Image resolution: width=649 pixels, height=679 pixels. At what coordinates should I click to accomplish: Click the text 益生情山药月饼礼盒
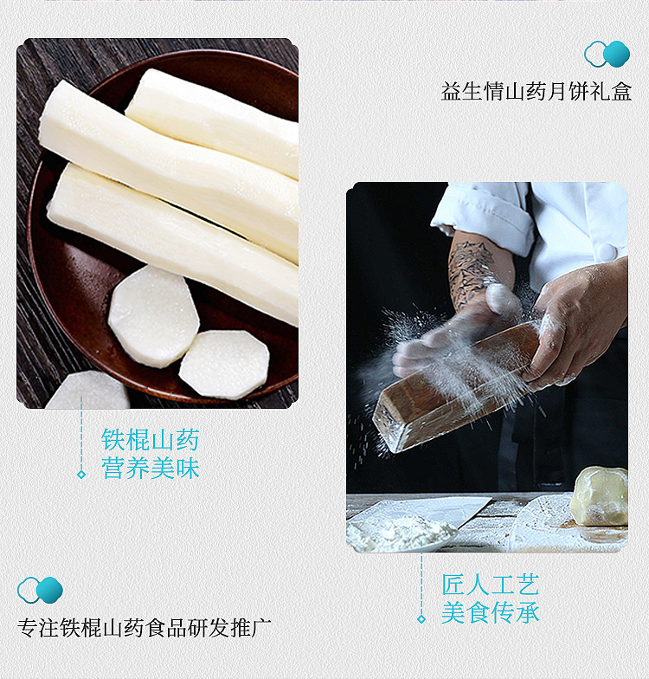537,92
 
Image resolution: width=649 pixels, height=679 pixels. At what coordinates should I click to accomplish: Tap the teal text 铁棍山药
151,440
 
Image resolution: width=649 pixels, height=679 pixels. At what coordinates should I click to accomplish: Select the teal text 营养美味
151,468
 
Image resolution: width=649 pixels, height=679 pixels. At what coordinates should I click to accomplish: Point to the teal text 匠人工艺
490,585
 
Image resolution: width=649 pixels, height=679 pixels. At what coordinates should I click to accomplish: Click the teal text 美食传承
490,613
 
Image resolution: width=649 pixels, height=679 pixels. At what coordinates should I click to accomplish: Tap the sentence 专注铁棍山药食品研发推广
144,628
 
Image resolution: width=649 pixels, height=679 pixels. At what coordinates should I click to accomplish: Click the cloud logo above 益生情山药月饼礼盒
607,54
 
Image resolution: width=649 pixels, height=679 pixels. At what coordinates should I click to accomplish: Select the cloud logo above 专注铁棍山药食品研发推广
40,590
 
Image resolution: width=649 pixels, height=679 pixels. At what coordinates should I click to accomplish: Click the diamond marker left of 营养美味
81,475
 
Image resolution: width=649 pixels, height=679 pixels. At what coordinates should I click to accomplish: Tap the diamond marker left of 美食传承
421,619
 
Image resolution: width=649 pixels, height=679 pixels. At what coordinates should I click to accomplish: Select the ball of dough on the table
600,496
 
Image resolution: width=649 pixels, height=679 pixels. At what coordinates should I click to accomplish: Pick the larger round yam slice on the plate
154,316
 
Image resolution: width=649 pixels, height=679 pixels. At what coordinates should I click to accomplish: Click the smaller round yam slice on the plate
224,365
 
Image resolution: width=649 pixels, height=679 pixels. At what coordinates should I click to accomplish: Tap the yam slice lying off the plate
88,391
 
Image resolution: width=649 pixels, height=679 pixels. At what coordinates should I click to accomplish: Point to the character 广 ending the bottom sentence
261,628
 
